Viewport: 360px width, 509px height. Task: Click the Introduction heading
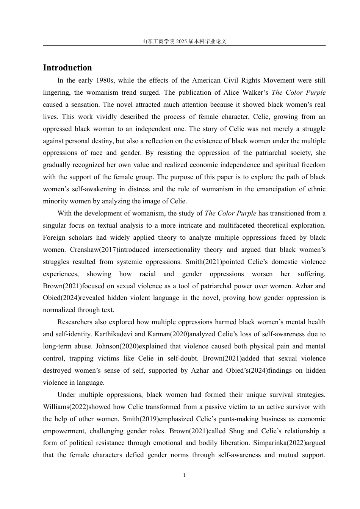point(67,68)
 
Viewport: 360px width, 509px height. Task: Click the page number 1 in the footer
point(184,475)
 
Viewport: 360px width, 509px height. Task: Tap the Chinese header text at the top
point(184,41)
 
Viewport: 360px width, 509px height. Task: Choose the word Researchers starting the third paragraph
point(75,322)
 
